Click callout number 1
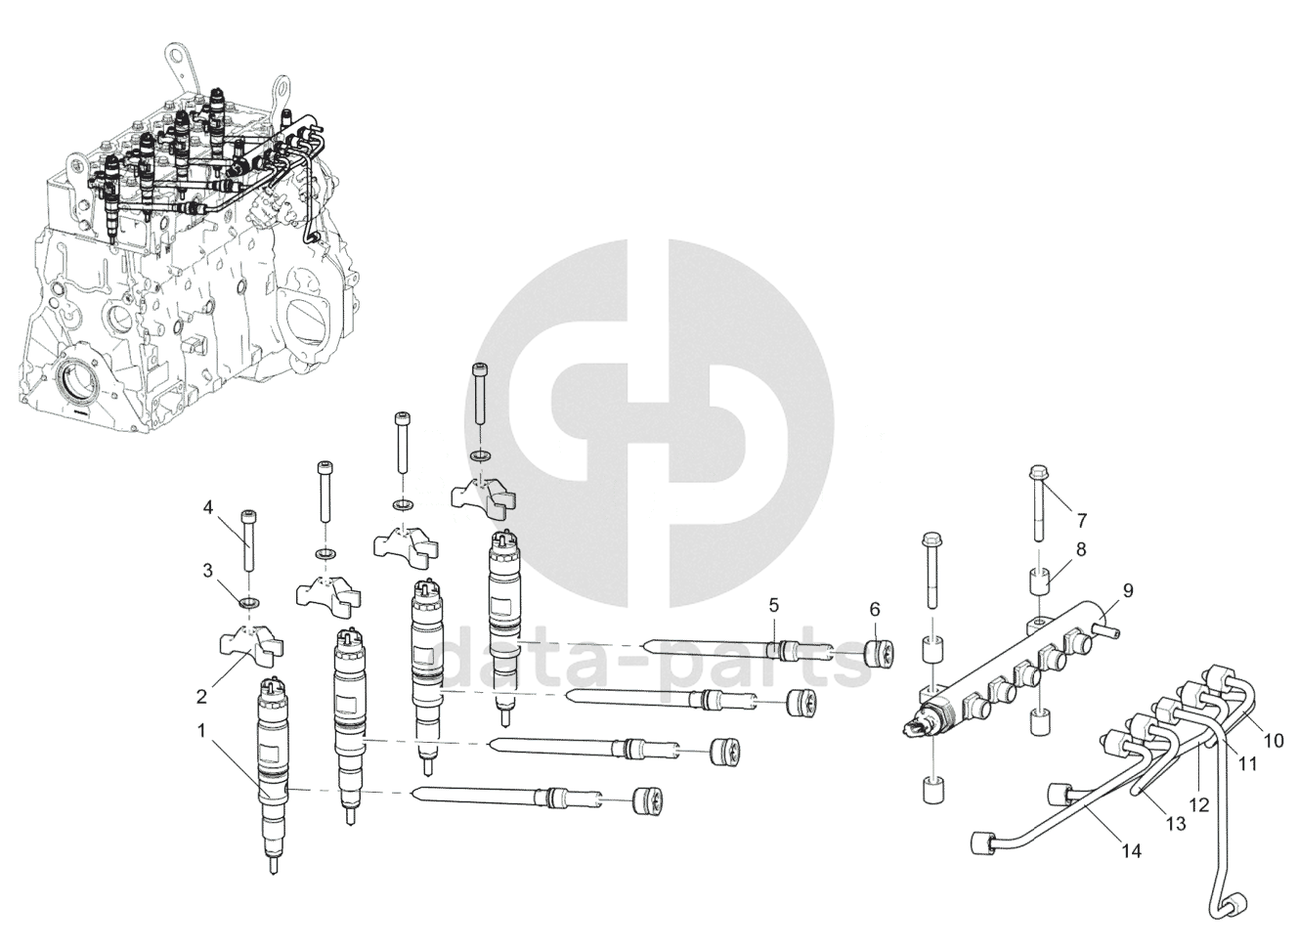pos(201,729)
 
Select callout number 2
pos(201,697)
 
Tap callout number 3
pos(207,569)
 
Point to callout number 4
pos(207,506)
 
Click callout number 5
pos(773,605)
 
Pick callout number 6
pos(875,609)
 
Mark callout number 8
pos(1082,549)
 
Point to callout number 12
pos(1199,805)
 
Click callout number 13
pos(1176,824)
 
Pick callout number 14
pos(1131,851)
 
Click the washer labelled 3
pos(249,599)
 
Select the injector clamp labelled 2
pos(250,646)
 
